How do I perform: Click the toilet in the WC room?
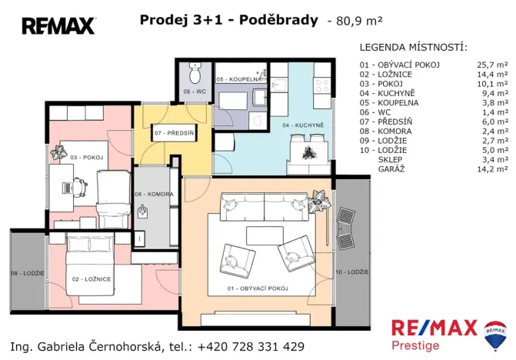(x=194, y=75)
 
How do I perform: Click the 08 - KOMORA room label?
(x=155, y=195)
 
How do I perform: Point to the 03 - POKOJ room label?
(x=85, y=157)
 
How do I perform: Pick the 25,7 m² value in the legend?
(x=492, y=65)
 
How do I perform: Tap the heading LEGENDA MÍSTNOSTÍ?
(x=413, y=47)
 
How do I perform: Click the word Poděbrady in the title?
(x=278, y=20)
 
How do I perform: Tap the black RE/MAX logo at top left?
(x=58, y=26)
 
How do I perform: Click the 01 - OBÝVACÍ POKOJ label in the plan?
(x=258, y=288)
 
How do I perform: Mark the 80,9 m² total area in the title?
(x=358, y=22)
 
